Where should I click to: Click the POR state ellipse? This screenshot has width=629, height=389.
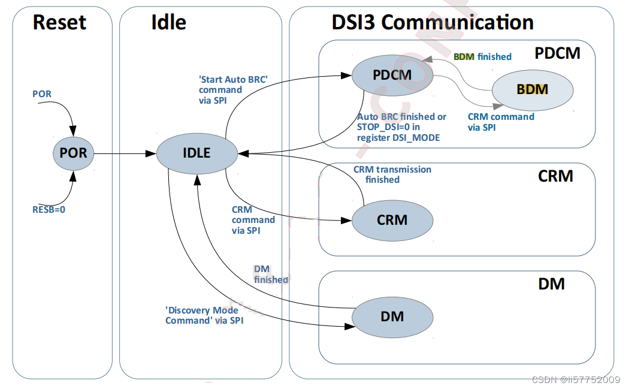click(73, 153)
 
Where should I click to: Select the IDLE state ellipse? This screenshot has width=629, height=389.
click(196, 153)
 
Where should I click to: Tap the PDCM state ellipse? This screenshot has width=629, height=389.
click(392, 76)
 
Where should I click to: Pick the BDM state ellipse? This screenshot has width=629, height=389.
click(532, 90)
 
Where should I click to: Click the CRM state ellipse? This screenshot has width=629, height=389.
click(392, 220)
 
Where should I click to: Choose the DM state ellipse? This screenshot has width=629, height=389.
click(392, 316)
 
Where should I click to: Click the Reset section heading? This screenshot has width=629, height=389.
click(59, 23)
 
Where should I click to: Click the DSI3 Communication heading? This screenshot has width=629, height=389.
click(433, 23)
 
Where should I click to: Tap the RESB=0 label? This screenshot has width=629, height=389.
click(48, 210)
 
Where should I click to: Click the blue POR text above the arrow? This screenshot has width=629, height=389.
click(42, 94)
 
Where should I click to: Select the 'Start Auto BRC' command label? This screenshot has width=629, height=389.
click(232, 90)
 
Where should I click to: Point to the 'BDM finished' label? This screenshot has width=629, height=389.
click(482, 57)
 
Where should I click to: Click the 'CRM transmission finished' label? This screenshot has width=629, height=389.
click(392, 174)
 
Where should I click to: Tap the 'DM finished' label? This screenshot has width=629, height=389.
click(271, 275)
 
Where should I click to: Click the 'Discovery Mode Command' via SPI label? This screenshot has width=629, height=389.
click(204, 315)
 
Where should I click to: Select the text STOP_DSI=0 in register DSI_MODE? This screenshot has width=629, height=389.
click(398, 132)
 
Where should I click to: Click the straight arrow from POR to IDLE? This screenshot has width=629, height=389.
click(123, 153)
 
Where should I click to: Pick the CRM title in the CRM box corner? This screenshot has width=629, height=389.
click(555, 176)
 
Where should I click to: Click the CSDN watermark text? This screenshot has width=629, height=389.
click(576, 380)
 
